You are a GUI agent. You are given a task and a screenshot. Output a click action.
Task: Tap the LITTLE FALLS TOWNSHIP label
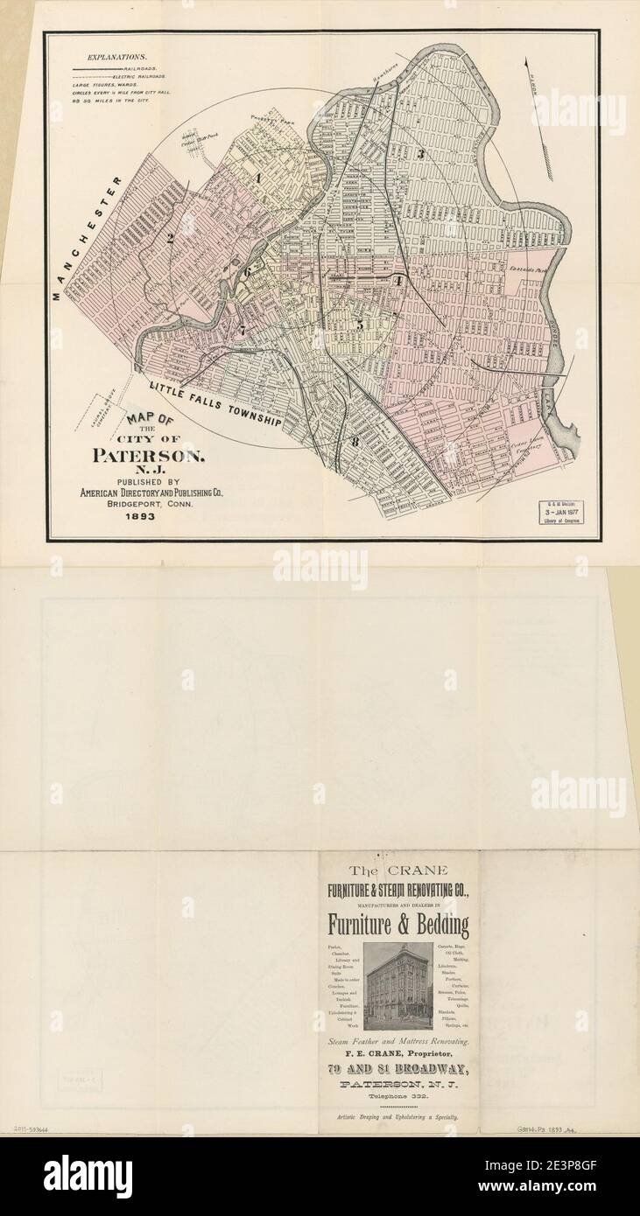click(x=214, y=404)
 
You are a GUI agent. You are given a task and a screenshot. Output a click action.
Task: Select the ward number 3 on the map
click(x=420, y=155)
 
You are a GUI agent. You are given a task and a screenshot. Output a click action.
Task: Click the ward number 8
click(x=355, y=441)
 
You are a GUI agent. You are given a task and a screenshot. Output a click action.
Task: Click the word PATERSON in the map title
click(x=150, y=456)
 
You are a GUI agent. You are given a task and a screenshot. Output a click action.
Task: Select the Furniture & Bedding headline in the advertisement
click(x=398, y=925)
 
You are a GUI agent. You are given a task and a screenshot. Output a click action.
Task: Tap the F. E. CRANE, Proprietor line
click(x=398, y=1055)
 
